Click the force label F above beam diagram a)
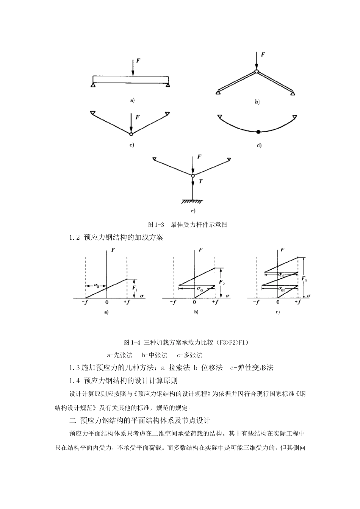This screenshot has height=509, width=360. pyautogui.click(x=139, y=61)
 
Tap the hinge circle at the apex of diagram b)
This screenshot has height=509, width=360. pyautogui.click(x=256, y=71)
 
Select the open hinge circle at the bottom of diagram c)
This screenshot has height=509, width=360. pyautogui.click(x=131, y=134)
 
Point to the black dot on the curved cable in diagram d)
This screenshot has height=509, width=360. pyautogui.click(x=258, y=132)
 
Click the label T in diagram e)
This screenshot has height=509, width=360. pyautogui.click(x=201, y=181)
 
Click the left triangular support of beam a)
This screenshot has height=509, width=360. pyautogui.click(x=93, y=86)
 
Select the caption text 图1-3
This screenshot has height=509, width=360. pyautogui.click(x=155, y=225)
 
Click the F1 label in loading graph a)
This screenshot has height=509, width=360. pyautogui.click(x=135, y=288)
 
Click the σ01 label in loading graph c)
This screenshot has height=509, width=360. pyautogui.click(x=281, y=289)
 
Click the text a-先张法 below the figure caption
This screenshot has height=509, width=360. pyautogui.click(x=119, y=355)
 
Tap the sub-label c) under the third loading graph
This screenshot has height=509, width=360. pyautogui.click(x=278, y=312)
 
